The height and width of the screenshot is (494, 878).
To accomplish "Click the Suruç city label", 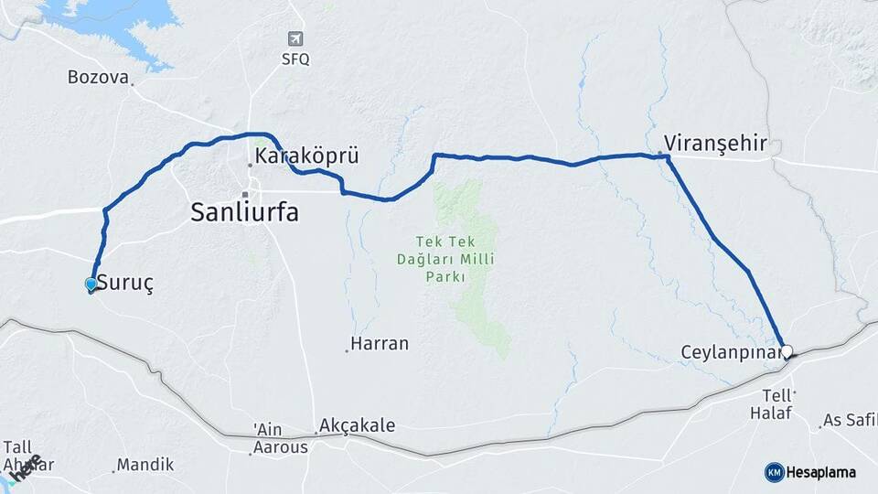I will [x=124, y=283].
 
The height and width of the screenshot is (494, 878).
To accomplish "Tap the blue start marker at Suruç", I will [x=91, y=285].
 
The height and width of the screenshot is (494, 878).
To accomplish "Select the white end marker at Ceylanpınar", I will [x=787, y=350].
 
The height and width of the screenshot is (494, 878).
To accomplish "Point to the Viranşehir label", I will [x=715, y=143].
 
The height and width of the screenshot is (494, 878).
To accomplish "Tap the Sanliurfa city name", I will [x=244, y=213].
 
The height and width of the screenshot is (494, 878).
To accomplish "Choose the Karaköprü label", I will [x=306, y=156].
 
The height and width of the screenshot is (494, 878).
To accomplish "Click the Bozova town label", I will [x=98, y=77].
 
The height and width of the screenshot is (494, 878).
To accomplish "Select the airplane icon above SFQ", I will [x=294, y=38].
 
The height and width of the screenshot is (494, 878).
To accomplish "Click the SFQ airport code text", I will [x=294, y=59].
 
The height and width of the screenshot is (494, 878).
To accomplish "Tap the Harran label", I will [x=380, y=344].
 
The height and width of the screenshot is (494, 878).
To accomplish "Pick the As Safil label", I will [x=850, y=421].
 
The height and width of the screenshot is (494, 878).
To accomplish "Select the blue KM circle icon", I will [x=774, y=472].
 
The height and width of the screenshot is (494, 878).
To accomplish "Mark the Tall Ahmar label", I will [x=27, y=455].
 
